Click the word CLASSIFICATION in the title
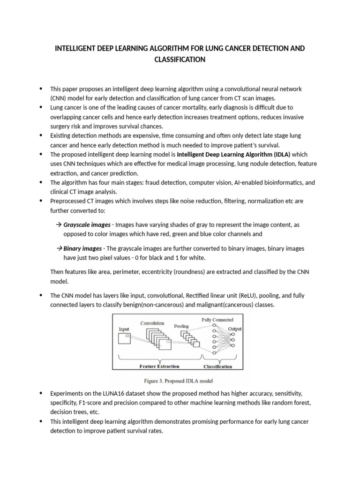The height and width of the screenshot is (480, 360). tap(180, 60)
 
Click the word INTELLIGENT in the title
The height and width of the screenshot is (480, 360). tap(77, 49)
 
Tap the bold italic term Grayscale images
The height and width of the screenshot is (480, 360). tap(87, 225)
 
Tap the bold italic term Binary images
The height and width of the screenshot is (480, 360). tap(82, 248)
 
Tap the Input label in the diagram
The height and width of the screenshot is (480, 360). tap(124, 330)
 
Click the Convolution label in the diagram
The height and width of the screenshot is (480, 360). tap(152, 323)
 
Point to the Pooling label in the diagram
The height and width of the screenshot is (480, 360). tap(182, 326)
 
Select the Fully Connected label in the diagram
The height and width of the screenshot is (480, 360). tap(217, 320)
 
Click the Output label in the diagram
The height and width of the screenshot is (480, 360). tap(235, 329)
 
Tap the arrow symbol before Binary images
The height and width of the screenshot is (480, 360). tap(59, 248)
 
